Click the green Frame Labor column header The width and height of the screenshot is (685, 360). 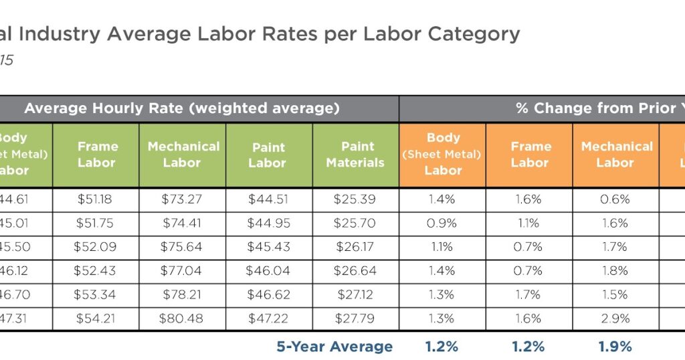(x=96, y=155)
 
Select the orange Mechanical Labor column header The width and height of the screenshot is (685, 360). (x=615, y=155)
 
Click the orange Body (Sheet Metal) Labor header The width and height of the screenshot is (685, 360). (x=443, y=155)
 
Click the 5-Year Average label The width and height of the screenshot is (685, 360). (x=334, y=346)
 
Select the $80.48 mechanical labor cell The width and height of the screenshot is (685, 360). (x=182, y=319)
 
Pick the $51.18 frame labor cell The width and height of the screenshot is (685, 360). (x=96, y=199)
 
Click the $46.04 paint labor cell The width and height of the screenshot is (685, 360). (x=269, y=271)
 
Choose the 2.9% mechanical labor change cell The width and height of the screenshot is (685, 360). (x=615, y=319)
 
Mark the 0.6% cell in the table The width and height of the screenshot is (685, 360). (x=615, y=199)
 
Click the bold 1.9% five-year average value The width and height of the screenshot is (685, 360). (x=615, y=346)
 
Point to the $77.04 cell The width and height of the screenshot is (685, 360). (x=182, y=271)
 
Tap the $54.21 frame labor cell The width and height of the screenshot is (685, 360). (x=96, y=319)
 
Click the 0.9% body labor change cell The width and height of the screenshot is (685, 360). (x=443, y=223)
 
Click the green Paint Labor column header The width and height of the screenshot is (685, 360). (x=269, y=155)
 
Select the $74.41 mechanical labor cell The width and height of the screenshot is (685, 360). (x=182, y=223)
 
